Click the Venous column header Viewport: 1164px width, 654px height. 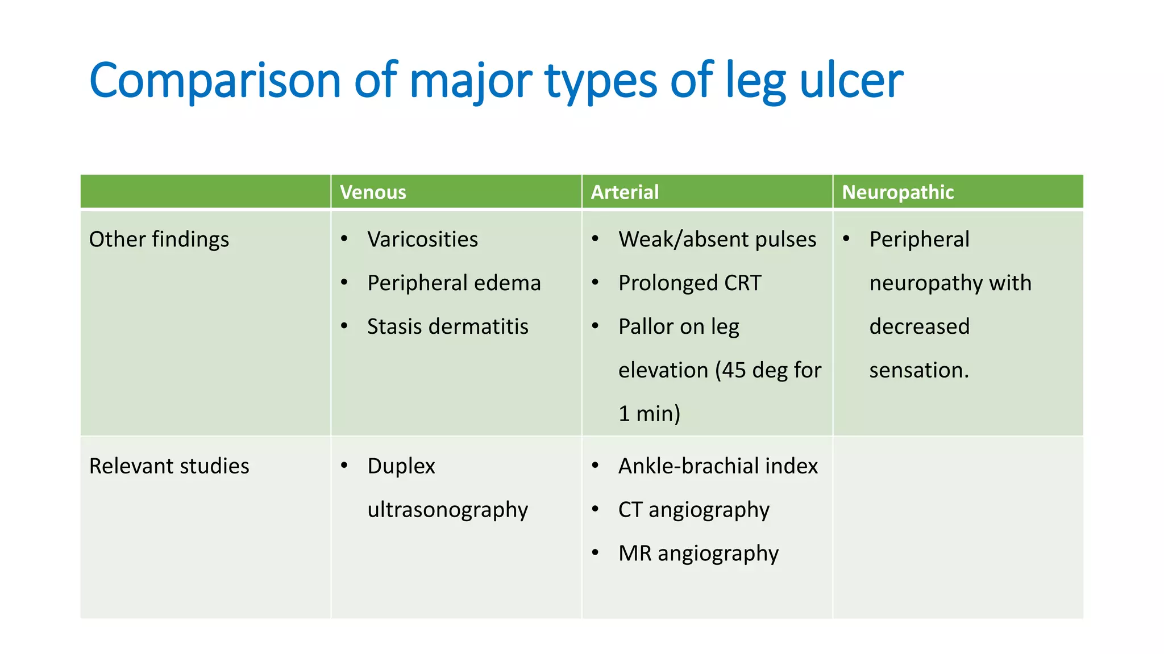[x=373, y=192]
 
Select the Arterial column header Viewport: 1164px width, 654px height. [x=625, y=192]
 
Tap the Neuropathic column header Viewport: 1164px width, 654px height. [x=897, y=192]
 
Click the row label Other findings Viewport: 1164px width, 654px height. [x=159, y=240]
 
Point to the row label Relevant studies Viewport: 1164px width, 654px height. [x=169, y=466]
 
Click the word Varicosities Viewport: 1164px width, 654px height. [x=422, y=240]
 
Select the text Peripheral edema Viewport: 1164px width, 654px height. [x=454, y=283]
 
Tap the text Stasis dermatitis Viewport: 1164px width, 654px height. [x=447, y=327]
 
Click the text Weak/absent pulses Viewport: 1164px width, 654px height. [x=717, y=240]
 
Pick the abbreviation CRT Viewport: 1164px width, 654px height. [x=742, y=283]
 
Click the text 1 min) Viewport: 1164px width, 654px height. [x=649, y=414]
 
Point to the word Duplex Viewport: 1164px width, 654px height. [x=401, y=466]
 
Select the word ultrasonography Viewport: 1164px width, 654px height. [x=447, y=510]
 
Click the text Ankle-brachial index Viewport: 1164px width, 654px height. [x=718, y=466]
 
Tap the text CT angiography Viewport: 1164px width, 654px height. [x=693, y=510]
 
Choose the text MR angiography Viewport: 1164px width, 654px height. [x=698, y=554]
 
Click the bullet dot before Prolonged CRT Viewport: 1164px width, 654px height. [x=595, y=282]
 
